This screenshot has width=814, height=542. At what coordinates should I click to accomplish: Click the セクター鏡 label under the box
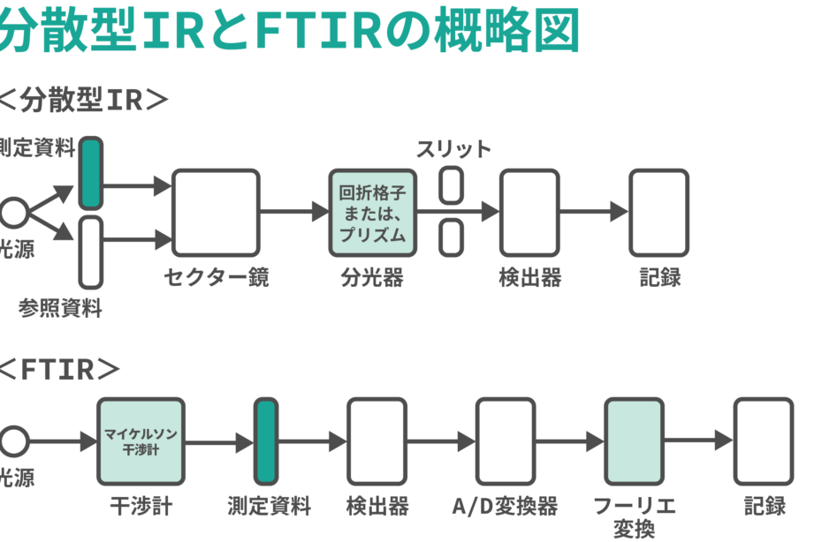point(217,277)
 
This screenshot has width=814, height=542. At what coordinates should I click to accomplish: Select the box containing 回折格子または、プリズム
point(372,212)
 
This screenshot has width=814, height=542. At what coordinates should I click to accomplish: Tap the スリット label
point(453,149)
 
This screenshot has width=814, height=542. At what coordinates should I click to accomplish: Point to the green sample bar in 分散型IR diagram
point(90,173)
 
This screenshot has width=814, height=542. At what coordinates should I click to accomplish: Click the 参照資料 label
point(60,308)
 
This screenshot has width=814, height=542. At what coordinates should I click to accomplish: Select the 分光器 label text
point(372,277)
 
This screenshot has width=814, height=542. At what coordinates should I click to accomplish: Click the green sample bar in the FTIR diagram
point(266,441)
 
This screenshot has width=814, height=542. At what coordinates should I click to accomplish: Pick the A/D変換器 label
point(505,507)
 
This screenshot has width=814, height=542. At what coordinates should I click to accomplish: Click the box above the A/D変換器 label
point(506,441)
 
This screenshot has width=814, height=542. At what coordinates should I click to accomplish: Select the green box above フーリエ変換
point(634,441)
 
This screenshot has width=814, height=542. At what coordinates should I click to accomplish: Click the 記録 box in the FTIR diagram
point(763,441)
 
